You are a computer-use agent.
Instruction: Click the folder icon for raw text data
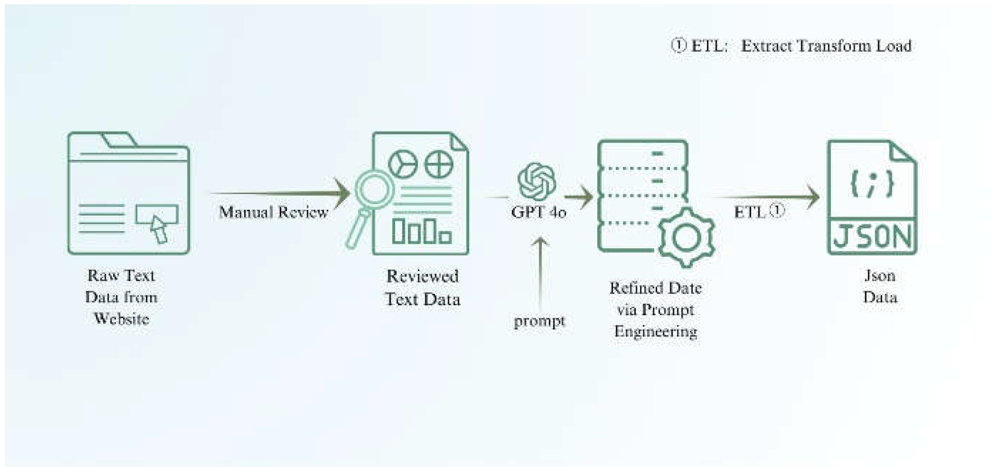(x=128, y=193)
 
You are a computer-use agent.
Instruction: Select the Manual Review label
(x=273, y=212)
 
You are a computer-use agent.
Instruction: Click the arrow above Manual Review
(x=282, y=193)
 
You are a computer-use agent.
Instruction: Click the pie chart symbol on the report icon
(x=403, y=165)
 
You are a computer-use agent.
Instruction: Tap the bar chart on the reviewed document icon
(x=422, y=231)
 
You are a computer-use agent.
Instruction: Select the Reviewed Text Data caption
(x=423, y=288)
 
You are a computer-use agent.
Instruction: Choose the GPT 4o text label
(x=538, y=212)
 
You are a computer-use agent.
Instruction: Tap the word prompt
(x=539, y=320)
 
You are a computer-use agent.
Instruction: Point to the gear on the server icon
(x=687, y=238)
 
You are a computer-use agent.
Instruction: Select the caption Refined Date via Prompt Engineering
(x=656, y=309)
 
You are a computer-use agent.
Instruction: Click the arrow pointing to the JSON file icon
(x=767, y=197)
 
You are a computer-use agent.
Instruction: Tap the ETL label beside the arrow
(x=750, y=212)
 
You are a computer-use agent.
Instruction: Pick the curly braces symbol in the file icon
(x=872, y=183)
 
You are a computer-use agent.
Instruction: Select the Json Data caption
(x=880, y=286)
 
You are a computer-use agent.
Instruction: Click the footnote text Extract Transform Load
(x=826, y=46)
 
